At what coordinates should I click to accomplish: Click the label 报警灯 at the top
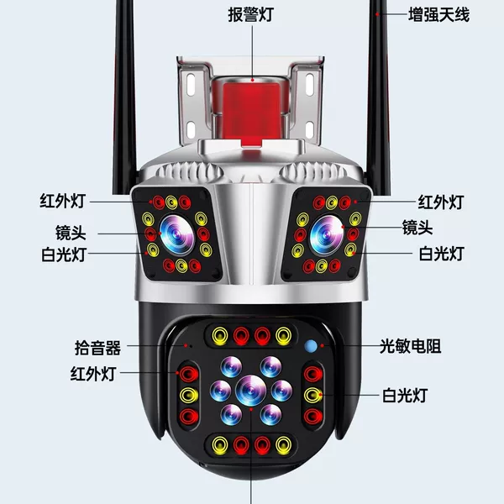pyautogui.click(x=250, y=14)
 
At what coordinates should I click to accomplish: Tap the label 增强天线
pyautogui.click(x=438, y=15)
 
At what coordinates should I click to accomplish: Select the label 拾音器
pyautogui.click(x=97, y=348)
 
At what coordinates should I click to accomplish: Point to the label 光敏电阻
pyautogui.click(x=411, y=346)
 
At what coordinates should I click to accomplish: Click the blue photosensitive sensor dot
pyautogui.click(x=311, y=346)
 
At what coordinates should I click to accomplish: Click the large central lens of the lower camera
pyautogui.click(x=250, y=391)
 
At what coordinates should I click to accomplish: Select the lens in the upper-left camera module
pyautogui.click(x=176, y=234)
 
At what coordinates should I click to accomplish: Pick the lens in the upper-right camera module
pyautogui.click(x=327, y=234)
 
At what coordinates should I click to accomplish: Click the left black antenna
pyautogui.click(x=124, y=97)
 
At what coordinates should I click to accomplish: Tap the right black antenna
pyautogui.click(x=380, y=97)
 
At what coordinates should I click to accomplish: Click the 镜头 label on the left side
pyautogui.click(x=71, y=233)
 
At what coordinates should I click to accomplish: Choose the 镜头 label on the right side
pyautogui.click(x=417, y=228)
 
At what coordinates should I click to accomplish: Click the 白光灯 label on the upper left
pyautogui.click(x=64, y=255)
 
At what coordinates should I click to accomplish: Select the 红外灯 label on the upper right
pyautogui.click(x=441, y=202)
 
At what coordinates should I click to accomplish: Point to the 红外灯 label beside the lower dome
pyautogui.click(x=93, y=374)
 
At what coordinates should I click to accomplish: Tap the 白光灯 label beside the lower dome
pyautogui.click(x=405, y=396)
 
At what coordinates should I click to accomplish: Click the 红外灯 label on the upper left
pyautogui.click(x=63, y=202)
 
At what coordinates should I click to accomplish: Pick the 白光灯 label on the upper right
pyautogui.click(x=442, y=254)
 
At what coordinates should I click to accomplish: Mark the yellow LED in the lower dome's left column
pyautogui.click(x=189, y=395)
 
